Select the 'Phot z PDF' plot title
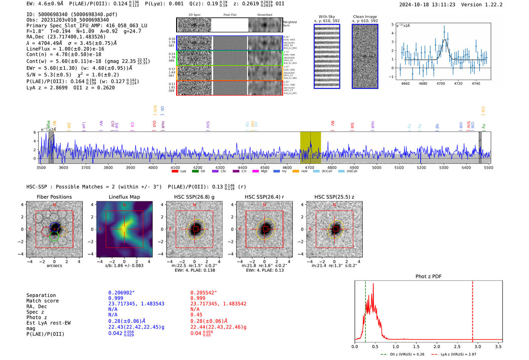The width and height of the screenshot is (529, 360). click(428, 276)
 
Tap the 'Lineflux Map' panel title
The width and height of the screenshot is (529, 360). click(124, 197)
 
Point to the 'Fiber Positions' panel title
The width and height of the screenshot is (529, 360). click(54, 197)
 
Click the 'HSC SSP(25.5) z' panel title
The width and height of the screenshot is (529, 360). click(334, 197)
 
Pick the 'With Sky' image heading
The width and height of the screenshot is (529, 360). click(326, 17)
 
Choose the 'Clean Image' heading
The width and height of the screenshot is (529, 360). click(365, 17)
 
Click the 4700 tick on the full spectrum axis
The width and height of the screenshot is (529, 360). click(309, 167)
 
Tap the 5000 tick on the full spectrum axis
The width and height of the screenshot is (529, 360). click(377, 167)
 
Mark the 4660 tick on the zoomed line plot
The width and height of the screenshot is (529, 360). click(405, 83)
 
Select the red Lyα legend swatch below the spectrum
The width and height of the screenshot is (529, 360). click(175, 171)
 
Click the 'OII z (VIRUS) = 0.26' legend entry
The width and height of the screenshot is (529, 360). click(402, 354)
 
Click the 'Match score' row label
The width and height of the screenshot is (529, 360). click(42, 301)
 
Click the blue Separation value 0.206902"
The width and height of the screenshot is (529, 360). click(121, 293)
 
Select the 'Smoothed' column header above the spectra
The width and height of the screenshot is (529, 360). click(264, 15)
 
